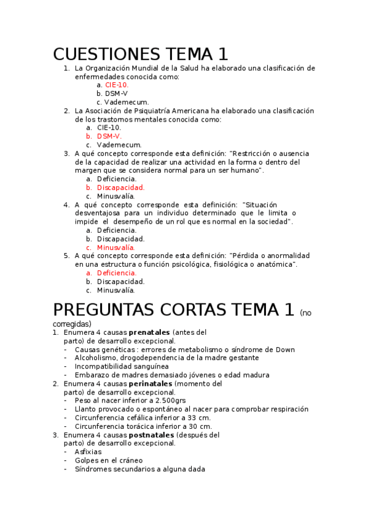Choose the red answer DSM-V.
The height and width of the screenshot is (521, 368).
point(109,136)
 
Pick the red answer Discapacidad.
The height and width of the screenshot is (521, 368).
point(121,187)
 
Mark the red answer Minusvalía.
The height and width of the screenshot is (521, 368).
point(116,247)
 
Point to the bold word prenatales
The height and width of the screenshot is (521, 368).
point(149,332)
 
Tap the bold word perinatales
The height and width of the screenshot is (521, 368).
point(151,383)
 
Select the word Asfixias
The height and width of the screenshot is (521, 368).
point(88,452)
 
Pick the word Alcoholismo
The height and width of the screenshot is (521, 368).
point(95,358)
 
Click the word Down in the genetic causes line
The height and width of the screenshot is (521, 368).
point(284,350)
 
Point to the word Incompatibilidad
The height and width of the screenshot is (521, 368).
point(104,366)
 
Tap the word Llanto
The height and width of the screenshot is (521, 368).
point(85,409)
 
